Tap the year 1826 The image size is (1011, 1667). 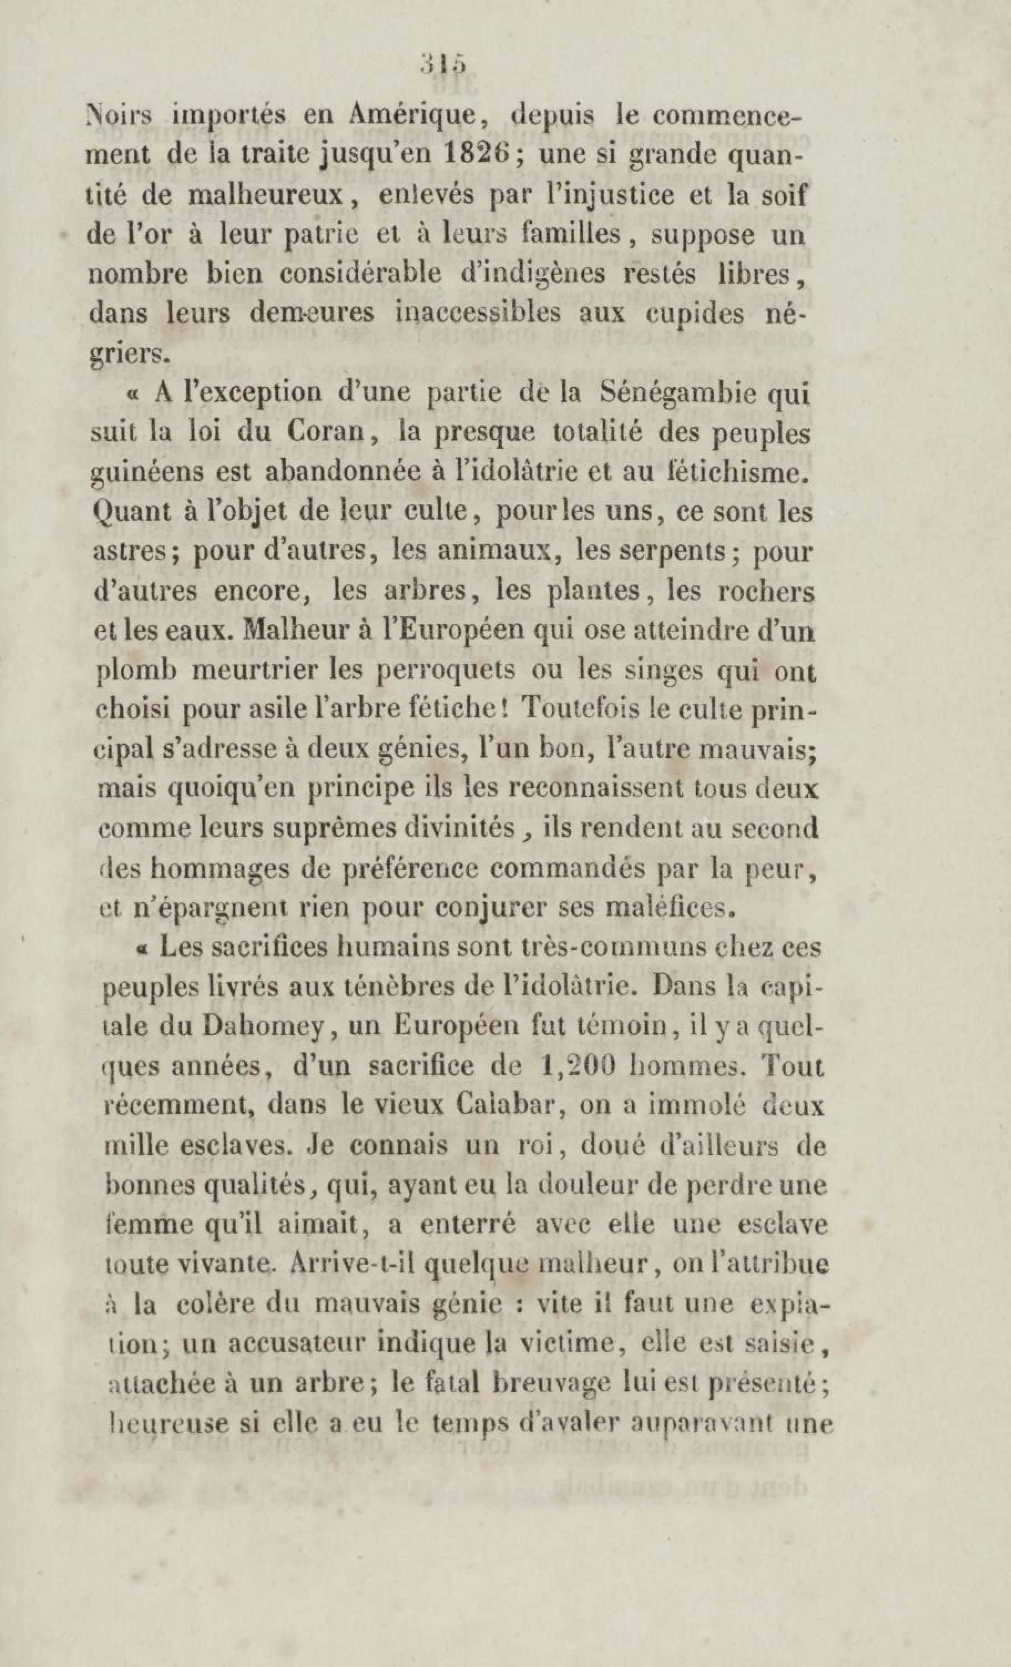pyautogui.click(x=480, y=157)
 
